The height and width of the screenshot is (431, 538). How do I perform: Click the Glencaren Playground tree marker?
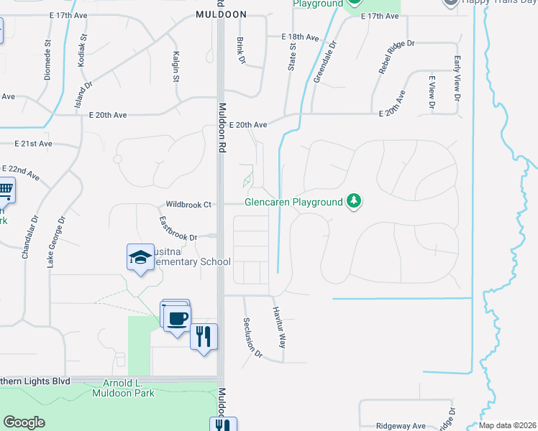point(353,201)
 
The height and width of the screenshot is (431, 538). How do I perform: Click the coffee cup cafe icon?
point(177,317)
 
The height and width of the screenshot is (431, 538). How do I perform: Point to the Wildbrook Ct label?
point(188,205)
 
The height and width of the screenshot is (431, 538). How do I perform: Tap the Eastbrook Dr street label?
point(178,228)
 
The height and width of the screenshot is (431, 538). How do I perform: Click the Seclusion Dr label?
point(253,338)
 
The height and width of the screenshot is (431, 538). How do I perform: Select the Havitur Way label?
point(280,328)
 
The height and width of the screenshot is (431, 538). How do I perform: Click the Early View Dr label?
point(457,78)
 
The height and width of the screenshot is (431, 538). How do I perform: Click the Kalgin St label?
point(175,66)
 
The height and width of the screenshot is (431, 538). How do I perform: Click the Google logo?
point(24,422)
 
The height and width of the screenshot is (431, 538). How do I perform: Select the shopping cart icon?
point(5,191)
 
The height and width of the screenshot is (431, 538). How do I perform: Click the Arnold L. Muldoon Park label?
point(123,388)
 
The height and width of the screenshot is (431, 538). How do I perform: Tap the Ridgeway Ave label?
point(399,425)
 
